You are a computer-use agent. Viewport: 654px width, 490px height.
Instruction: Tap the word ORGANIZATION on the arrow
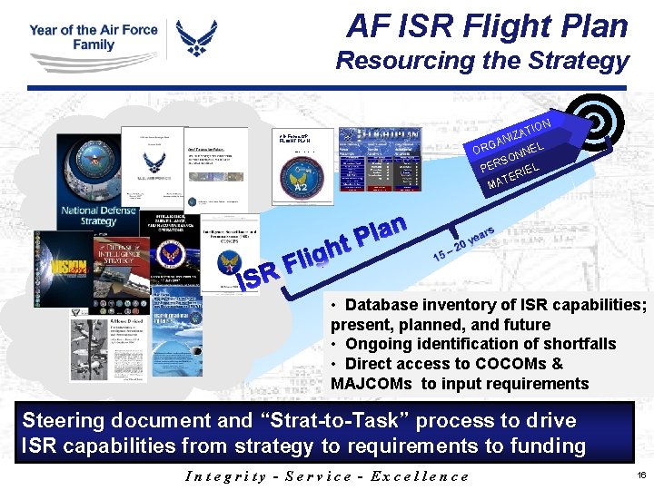tap(510, 134)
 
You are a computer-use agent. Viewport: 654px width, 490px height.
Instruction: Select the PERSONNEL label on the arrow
tap(512, 155)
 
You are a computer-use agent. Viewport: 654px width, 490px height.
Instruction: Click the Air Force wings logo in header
tap(197, 39)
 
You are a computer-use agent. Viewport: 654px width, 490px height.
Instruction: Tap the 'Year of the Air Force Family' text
tap(94, 37)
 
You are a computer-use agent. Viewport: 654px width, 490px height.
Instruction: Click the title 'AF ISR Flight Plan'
tap(487, 25)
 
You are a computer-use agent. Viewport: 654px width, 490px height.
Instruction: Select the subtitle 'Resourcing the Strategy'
tap(481, 61)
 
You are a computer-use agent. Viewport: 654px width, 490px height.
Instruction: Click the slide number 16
tap(641, 475)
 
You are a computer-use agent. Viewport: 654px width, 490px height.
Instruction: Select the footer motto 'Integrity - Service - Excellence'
tap(327, 476)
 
